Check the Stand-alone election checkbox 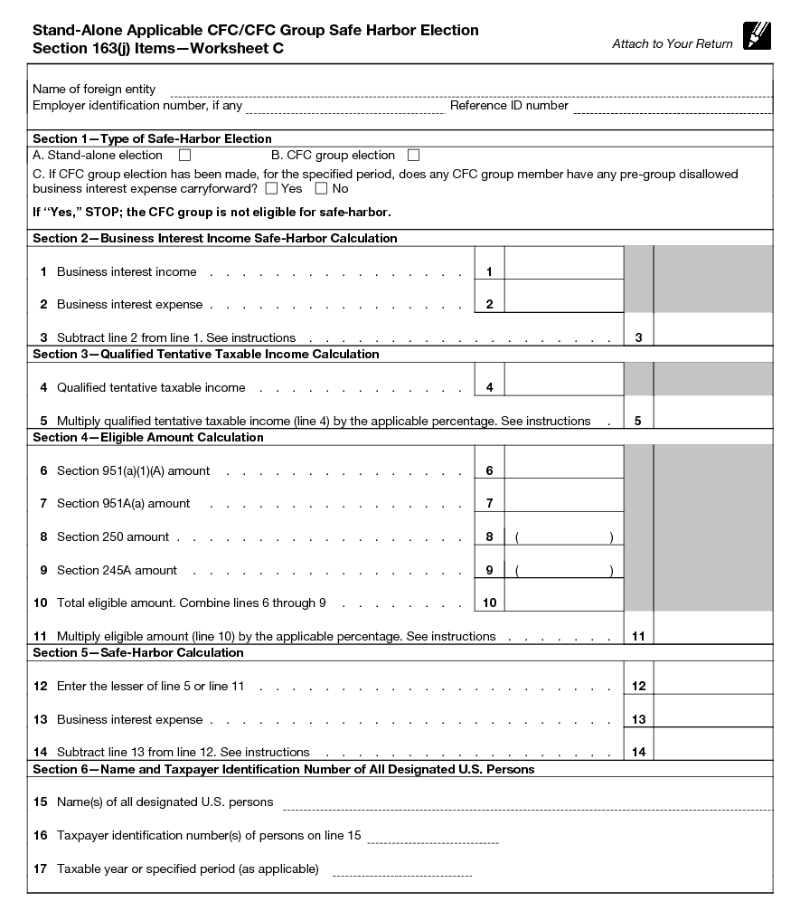click(184, 156)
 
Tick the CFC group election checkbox click(413, 156)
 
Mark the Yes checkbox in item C click(271, 189)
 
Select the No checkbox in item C click(321, 189)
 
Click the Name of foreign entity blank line click(470, 90)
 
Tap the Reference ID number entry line click(672, 107)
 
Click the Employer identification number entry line click(345, 107)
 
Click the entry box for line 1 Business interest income click(563, 263)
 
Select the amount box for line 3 click(712, 329)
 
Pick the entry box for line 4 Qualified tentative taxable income click(563, 379)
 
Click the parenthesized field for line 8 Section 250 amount click(563, 537)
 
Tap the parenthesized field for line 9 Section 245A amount click(563, 571)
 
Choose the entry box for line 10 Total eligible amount click(563, 595)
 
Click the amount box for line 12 click(712, 679)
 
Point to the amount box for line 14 click(712, 744)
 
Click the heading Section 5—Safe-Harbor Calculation click(138, 653)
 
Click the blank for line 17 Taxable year click(401, 870)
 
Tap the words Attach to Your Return click(673, 44)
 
